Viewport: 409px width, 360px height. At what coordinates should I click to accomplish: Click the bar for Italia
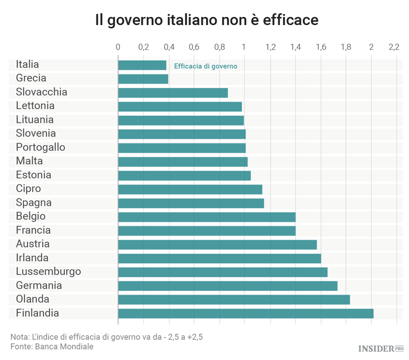click(x=142, y=65)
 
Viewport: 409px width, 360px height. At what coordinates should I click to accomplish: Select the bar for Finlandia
click(x=245, y=313)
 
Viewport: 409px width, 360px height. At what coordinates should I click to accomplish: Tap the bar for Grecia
click(x=143, y=79)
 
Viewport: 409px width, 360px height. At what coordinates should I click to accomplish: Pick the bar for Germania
click(x=227, y=286)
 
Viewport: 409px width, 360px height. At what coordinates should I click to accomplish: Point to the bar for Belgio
click(x=207, y=217)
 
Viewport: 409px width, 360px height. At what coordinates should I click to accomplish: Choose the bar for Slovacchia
click(x=173, y=93)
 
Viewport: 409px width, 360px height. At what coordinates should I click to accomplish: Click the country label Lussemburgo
click(x=49, y=272)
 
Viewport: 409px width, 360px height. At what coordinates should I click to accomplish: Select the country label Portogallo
click(x=40, y=148)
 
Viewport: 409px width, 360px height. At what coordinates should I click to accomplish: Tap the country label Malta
click(x=29, y=161)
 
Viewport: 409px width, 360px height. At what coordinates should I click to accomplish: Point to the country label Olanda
click(x=33, y=299)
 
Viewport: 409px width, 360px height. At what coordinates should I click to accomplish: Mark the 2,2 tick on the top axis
click(x=394, y=47)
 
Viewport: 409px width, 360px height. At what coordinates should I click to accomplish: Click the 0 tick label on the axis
click(x=118, y=47)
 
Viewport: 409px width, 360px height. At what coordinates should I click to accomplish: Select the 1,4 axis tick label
click(x=295, y=47)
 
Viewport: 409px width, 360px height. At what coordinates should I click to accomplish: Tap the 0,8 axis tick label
click(x=219, y=47)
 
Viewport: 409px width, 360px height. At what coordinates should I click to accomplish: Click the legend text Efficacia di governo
click(x=206, y=67)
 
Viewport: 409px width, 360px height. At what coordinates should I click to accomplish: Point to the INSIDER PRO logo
click(x=381, y=348)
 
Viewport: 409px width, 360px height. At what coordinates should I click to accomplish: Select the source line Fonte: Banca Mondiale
click(x=52, y=347)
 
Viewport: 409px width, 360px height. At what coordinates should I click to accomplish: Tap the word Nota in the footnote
click(x=20, y=336)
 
